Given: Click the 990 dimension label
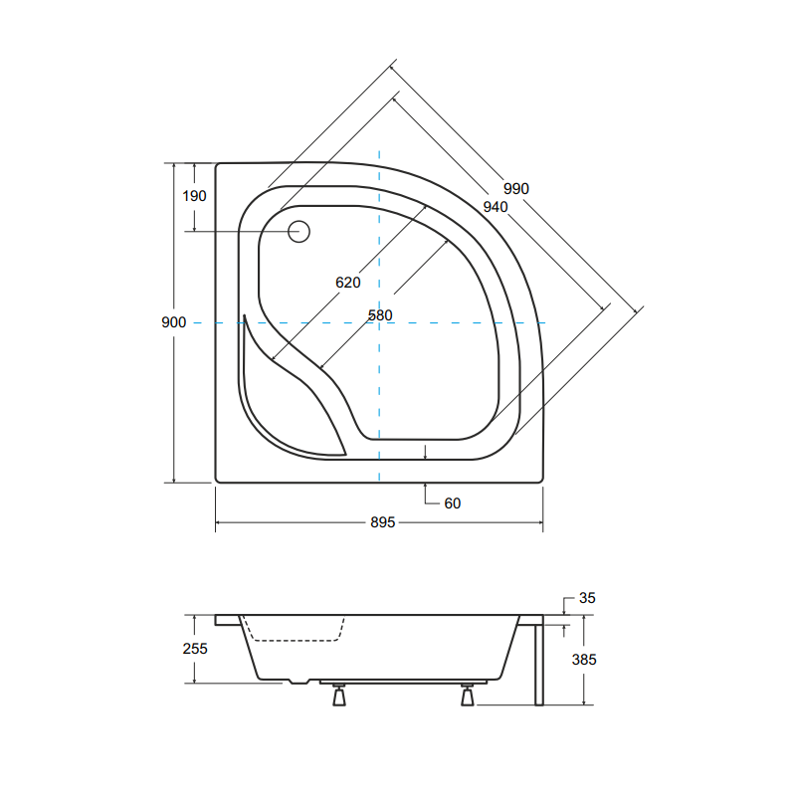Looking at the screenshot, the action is [515, 189].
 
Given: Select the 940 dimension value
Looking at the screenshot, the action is [495, 207].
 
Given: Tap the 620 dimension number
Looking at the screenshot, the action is [347, 283].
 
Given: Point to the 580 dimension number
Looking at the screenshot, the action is [380, 315].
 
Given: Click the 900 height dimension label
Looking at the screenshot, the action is [173, 322].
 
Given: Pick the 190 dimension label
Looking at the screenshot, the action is [194, 196].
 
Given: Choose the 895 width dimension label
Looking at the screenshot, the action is [383, 522].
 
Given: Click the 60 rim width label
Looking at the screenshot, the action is [453, 503].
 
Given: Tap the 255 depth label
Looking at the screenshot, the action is [195, 649].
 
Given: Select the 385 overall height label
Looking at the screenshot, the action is [584, 660].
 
